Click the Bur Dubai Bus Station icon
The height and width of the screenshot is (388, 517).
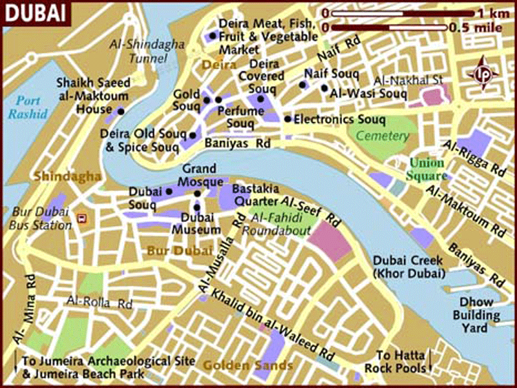(81, 218)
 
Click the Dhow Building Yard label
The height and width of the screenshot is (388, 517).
(480, 316)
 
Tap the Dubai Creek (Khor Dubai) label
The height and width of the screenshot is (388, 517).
(408, 267)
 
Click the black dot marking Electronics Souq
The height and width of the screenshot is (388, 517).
(287, 119)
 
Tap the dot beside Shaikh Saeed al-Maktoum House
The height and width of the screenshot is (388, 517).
(120, 110)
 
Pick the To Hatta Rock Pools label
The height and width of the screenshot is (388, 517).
(401, 362)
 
